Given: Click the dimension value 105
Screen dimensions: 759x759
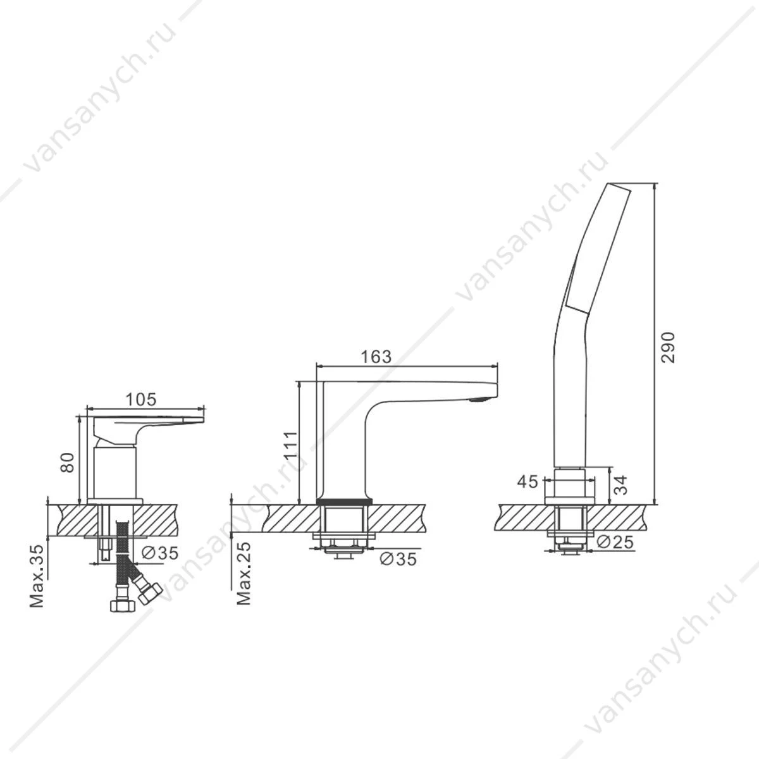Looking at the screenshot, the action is (x=141, y=399).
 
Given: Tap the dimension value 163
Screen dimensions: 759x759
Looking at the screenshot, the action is (x=376, y=357).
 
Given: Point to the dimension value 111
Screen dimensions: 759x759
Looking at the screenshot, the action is (x=291, y=444).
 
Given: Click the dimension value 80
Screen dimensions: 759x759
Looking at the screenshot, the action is (x=67, y=462).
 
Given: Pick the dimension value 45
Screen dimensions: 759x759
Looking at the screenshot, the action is (x=528, y=481).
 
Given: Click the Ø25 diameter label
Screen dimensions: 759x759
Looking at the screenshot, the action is (x=614, y=542).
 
